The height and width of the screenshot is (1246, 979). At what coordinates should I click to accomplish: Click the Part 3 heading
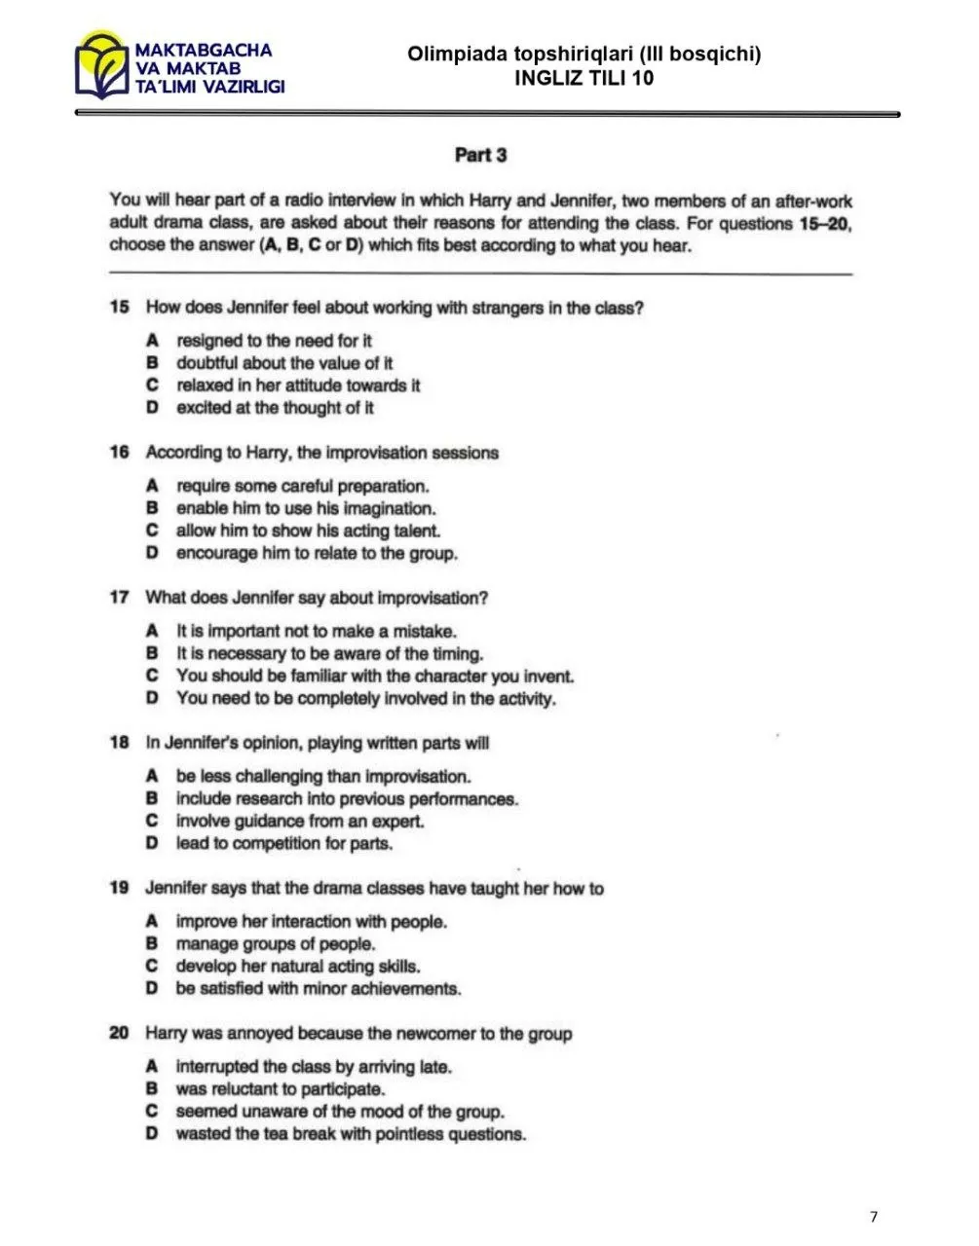tap(481, 155)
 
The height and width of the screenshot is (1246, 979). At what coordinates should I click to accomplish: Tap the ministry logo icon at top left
tap(101, 66)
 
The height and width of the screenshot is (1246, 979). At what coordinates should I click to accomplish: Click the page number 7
tap(874, 1216)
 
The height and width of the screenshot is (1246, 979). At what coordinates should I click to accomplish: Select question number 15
tap(120, 308)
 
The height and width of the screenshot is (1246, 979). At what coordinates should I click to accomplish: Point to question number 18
tap(120, 743)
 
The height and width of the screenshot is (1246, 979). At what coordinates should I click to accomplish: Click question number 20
tap(120, 1033)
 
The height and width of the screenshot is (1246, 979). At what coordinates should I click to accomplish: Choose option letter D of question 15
tap(152, 408)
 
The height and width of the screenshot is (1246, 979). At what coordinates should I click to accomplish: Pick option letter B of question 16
tap(152, 508)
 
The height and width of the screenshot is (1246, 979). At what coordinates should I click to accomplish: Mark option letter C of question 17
tap(152, 676)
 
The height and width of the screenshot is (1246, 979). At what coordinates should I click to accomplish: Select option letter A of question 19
tap(152, 921)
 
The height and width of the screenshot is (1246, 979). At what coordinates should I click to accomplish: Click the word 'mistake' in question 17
tap(423, 631)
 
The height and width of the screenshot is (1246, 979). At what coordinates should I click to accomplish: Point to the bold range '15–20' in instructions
tap(824, 224)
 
